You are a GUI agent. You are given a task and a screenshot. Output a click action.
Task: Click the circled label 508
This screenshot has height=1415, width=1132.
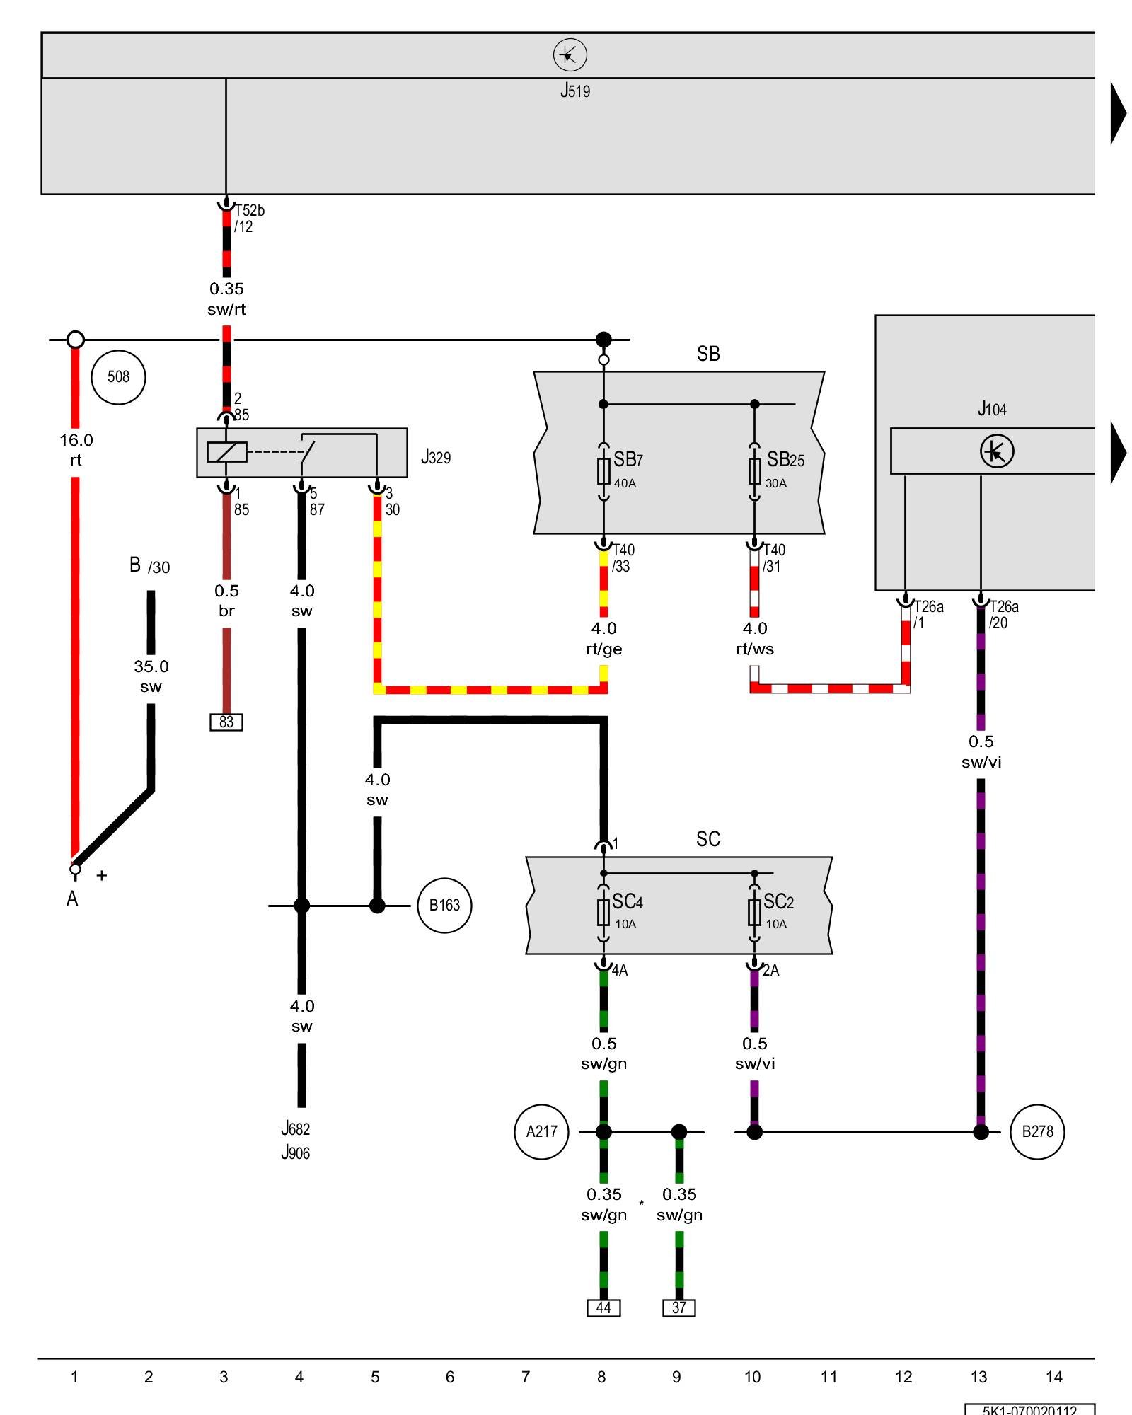click(x=118, y=377)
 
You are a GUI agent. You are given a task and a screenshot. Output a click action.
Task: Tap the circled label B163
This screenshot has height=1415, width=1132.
click(x=444, y=906)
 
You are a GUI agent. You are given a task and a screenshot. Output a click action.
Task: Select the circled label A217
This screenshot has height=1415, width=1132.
click(x=541, y=1132)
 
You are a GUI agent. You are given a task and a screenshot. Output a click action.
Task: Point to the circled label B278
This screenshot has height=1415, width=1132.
click(x=1037, y=1132)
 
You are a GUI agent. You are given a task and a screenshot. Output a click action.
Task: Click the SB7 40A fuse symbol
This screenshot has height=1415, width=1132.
click(x=603, y=470)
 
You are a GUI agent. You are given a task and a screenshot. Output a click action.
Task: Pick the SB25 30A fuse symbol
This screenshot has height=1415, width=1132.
click(x=755, y=470)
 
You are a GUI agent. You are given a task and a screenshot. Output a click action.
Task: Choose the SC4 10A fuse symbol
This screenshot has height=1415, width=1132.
click(x=603, y=913)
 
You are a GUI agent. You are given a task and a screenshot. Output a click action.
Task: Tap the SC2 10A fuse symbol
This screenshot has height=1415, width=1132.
click(x=755, y=913)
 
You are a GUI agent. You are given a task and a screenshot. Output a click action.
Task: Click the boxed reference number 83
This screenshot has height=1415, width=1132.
click(x=226, y=722)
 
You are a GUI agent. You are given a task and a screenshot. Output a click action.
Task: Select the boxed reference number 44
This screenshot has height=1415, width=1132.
click(x=603, y=1308)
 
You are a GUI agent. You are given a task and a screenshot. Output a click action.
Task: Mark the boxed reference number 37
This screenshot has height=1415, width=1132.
click(x=679, y=1308)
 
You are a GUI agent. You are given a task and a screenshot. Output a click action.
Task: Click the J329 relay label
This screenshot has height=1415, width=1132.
click(x=436, y=458)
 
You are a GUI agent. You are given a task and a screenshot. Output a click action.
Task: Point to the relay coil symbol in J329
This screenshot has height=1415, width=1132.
click(x=227, y=452)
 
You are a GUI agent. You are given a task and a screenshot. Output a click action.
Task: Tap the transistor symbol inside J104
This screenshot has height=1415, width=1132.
click(x=997, y=451)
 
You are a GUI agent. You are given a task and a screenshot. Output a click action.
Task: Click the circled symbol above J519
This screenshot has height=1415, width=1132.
click(x=570, y=55)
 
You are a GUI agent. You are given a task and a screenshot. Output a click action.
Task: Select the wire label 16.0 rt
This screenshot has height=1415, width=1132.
click(x=76, y=450)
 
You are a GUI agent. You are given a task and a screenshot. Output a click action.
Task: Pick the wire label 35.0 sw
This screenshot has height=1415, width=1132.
click(x=151, y=676)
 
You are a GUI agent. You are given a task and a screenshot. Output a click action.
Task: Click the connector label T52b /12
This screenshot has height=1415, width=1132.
click(x=249, y=219)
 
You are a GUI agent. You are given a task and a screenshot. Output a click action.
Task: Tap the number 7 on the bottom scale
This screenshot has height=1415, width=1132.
click(x=526, y=1378)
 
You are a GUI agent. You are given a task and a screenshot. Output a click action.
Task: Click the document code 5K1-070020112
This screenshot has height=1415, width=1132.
click(x=1029, y=1409)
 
